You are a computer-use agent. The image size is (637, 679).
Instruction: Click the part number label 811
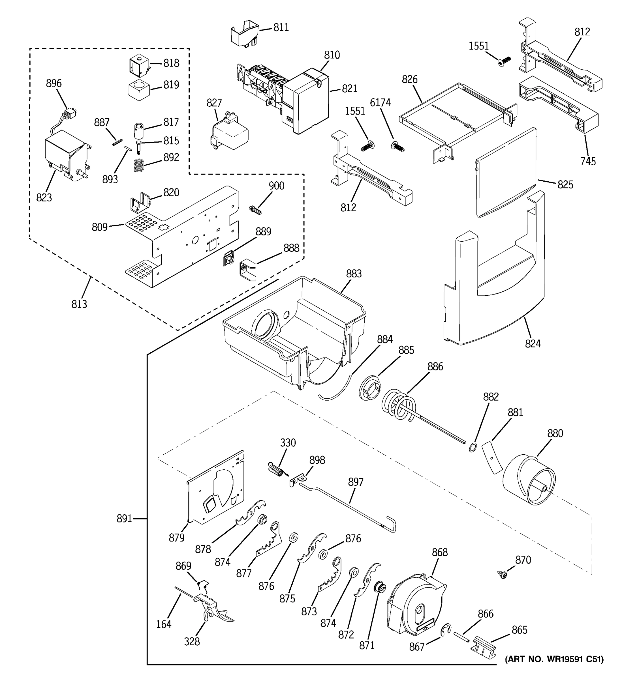pyautogui.click(x=281, y=27)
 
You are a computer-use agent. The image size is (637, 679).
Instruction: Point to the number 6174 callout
pyautogui.click(x=380, y=102)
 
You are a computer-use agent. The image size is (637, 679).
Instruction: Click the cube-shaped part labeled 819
pyautogui.click(x=139, y=90)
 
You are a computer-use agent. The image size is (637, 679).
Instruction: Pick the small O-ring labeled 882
pyautogui.click(x=472, y=447)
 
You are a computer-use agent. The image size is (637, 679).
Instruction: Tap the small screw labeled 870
pyautogui.click(x=502, y=575)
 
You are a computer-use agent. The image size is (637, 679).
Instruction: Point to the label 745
pyautogui.click(x=588, y=161)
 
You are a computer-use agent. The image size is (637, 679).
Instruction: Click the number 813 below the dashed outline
pyautogui.click(x=79, y=304)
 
